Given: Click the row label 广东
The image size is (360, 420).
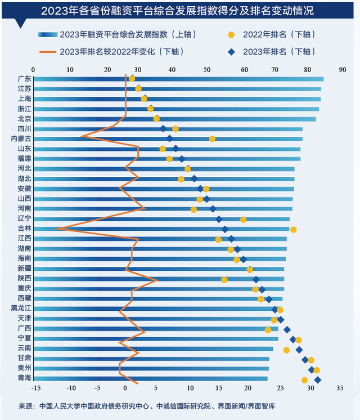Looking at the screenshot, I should pyautogui.click(x=24, y=79).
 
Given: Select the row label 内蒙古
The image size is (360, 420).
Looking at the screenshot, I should pyautogui.click(x=21, y=138).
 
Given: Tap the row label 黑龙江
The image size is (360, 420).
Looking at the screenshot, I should pyautogui.click(x=21, y=308).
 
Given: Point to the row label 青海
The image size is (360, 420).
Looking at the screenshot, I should pyautogui.click(x=24, y=379).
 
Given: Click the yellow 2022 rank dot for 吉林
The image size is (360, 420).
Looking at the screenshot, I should pyautogui.click(x=293, y=229).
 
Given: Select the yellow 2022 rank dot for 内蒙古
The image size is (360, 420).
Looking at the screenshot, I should pyautogui.click(x=212, y=138).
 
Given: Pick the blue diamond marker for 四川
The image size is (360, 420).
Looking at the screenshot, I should pyautogui.click(x=163, y=129).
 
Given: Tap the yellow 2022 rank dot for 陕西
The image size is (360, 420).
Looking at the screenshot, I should pyautogui.click(x=224, y=280).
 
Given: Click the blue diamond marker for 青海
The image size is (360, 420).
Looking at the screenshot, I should pyautogui.click(x=317, y=380).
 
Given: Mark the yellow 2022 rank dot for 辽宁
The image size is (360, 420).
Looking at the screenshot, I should pyautogui.click(x=243, y=220).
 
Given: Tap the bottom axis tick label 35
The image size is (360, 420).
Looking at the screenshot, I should pyautogui.click(x=339, y=388).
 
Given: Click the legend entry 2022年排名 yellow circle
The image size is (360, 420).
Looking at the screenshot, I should pyautogui.click(x=231, y=35).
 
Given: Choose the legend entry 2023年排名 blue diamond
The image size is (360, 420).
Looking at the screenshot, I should pyautogui.click(x=231, y=52).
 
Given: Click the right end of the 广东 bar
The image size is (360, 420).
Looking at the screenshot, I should pyautogui.click(x=323, y=79).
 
